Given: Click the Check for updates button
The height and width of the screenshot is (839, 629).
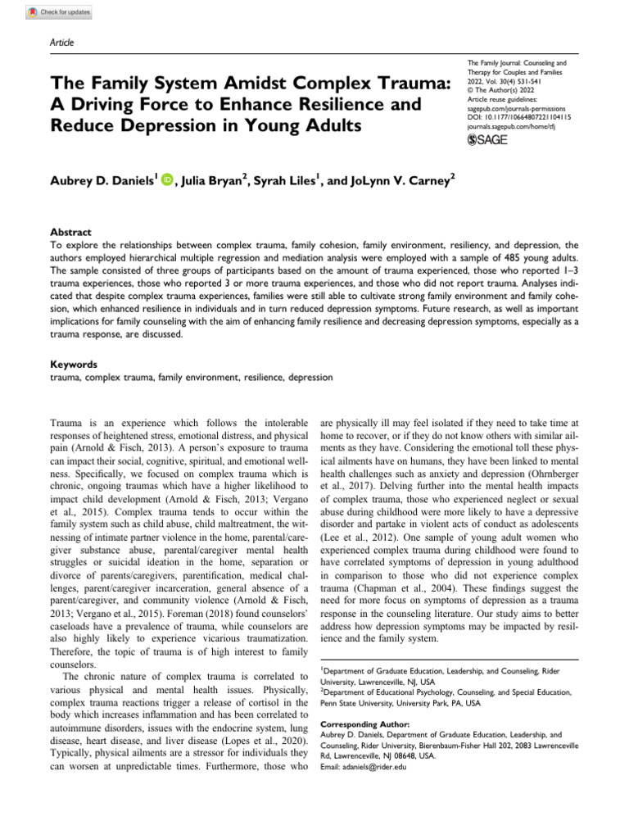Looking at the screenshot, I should (x=60, y=12).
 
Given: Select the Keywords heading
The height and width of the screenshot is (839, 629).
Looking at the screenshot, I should (x=74, y=364).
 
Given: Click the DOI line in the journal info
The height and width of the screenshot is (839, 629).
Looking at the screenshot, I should (x=518, y=118).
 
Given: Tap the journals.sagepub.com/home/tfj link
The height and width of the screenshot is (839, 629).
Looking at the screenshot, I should (x=509, y=128).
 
